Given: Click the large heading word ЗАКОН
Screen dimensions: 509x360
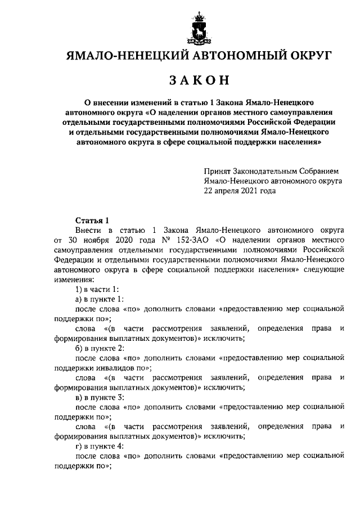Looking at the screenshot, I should pyautogui.click(x=199, y=80).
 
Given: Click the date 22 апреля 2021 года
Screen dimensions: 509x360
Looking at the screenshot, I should pyautogui.click(x=240, y=191).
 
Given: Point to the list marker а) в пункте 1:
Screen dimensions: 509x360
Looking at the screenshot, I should pyautogui.click(x=100, y=299).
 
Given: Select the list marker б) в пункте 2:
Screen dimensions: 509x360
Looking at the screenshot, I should pyautogui.click(x=100, y=348).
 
